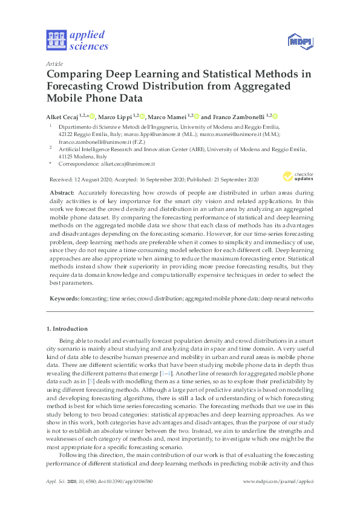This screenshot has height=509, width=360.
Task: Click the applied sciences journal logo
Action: (77, 39)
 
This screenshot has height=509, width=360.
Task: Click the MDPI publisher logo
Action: (298, 41)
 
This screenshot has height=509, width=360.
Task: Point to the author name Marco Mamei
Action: (168, 116)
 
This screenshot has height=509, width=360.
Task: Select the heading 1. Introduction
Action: (67, 329)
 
